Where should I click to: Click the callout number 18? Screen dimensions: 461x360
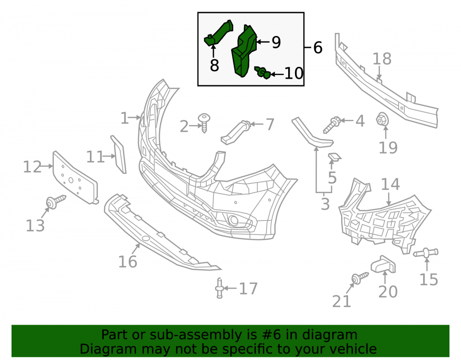(x=382, y=59)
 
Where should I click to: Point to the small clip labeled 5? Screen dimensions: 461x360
(x=335, y=157)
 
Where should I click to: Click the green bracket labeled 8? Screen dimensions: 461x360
(x=219, y=33)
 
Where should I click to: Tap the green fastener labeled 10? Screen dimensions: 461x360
(x=263, y=72)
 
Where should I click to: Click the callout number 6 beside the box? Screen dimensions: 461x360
(x=318, y=47)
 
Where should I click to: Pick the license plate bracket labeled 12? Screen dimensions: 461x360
(x=75, y=177)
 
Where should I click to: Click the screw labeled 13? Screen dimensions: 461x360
(x=56, y=202)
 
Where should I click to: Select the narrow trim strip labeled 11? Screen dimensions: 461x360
(x=118, y=154)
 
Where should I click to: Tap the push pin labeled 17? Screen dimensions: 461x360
(x=219, y=288)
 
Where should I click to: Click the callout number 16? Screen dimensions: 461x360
(x=128, y=261)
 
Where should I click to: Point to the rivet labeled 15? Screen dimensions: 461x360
(x=426, y=253)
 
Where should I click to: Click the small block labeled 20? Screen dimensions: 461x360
(x=383, y=264)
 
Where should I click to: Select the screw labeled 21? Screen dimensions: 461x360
(x=360, y=277)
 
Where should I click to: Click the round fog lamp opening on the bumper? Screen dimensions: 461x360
(x=234, y=220)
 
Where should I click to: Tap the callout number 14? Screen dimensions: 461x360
(x=390, y=184)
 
